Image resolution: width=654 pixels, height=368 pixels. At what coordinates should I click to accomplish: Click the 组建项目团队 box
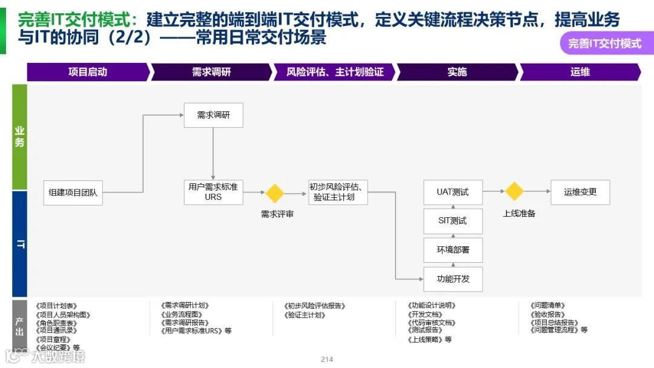73,192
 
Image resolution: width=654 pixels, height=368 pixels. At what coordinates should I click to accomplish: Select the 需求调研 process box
213,115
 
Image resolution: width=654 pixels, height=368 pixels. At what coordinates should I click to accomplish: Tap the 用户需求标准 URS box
213,192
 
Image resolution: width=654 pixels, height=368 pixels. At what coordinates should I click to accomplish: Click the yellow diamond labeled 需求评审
275,194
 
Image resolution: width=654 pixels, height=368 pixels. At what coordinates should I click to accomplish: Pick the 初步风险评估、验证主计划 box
338,192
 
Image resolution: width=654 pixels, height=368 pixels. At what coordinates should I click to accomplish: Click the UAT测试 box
452,192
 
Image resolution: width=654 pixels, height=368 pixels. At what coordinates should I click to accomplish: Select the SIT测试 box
452,221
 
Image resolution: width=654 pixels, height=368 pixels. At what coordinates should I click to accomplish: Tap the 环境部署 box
452,249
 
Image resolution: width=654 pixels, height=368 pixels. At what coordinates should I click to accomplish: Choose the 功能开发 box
452,279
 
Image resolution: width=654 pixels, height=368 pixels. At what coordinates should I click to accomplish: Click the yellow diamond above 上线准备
514,192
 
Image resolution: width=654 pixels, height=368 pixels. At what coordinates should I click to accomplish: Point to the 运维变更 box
580,192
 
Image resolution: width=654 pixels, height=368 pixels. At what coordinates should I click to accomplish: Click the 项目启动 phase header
88,72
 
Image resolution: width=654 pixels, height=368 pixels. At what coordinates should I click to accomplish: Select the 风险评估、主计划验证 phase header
335,72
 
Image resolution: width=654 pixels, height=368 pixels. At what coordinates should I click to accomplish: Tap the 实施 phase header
457,72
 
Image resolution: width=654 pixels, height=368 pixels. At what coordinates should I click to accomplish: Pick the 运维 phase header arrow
580,72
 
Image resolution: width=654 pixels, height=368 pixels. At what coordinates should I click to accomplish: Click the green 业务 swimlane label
20,137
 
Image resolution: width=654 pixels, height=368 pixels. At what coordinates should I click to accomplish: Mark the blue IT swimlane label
20,244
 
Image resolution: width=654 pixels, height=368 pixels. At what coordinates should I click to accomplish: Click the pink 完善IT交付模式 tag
604,44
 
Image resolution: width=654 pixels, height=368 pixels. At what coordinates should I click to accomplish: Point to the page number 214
327,360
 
